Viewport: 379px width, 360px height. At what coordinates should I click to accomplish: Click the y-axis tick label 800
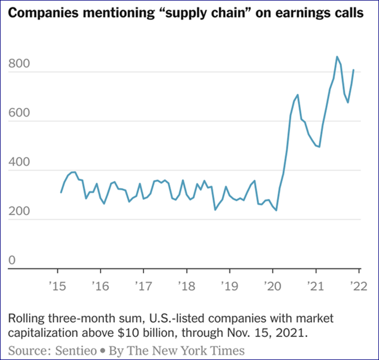click(19, 65)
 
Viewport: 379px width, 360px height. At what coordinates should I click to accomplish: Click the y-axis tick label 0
click(12, 261)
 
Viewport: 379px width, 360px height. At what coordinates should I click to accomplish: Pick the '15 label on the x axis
click(57, 286)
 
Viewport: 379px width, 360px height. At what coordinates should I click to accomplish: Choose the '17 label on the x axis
click(143, 286)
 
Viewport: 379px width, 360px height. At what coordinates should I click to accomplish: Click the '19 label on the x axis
click(229, 286)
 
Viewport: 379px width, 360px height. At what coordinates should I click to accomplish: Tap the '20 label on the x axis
click(273, 286)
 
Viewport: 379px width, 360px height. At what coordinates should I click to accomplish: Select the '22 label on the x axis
click(359, 286)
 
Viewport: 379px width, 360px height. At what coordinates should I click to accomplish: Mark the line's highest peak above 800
click(337, 57)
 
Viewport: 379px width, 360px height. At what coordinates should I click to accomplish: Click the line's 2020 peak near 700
click(297, 95)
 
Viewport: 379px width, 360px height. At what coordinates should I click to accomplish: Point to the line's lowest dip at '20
click(276, 211)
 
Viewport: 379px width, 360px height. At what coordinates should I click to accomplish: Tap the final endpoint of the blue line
click(354, 70)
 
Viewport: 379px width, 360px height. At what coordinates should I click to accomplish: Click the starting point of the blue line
click(61, 193)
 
